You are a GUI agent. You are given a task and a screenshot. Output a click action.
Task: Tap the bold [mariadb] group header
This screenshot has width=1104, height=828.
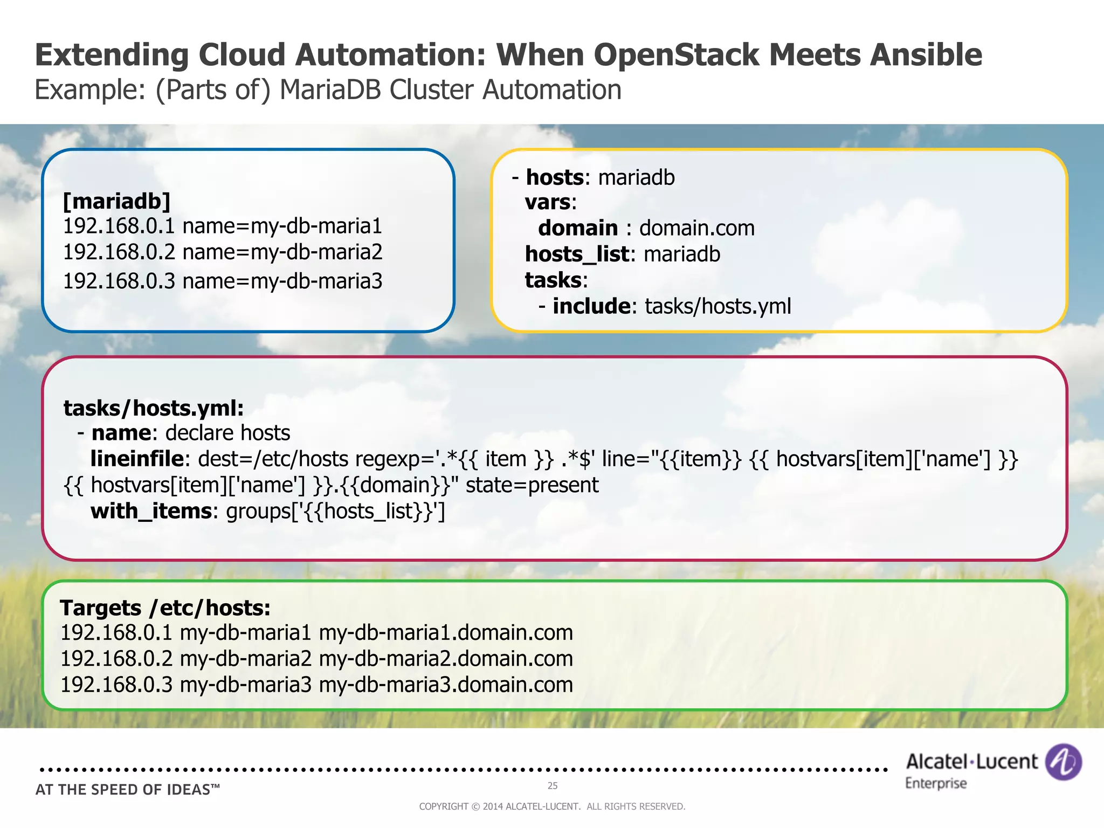coord(117,201)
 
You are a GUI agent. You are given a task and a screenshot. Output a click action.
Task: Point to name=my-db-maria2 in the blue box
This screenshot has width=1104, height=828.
coord(282,252)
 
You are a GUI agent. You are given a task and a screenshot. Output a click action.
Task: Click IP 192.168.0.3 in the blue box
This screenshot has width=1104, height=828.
coord(119,281)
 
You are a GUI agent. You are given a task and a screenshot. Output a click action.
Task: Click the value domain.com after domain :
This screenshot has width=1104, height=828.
coord(696,229)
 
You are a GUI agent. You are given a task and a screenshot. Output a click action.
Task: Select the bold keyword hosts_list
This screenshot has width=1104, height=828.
coord(577,254)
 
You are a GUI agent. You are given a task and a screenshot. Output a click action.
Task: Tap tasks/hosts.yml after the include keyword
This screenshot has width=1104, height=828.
coord(717,306)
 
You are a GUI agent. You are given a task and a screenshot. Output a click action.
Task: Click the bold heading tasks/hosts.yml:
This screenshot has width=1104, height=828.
coord(154,408)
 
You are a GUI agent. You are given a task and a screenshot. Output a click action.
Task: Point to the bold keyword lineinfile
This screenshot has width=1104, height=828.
coord(137,459)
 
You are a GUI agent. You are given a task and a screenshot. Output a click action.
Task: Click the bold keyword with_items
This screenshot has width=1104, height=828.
coord(151,511)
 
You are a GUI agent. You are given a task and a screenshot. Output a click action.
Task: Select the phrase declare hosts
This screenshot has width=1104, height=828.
coord(227,433)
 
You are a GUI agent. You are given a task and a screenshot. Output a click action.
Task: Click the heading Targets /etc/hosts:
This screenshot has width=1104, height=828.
coord(165,608)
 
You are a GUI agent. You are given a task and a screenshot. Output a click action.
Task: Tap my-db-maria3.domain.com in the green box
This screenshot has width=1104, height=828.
coord(446,685)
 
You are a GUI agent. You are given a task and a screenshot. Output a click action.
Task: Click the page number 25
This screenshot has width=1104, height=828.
coord(553,785)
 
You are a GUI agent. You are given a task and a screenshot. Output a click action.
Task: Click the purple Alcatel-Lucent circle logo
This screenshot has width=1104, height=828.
coord(1063,762)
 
